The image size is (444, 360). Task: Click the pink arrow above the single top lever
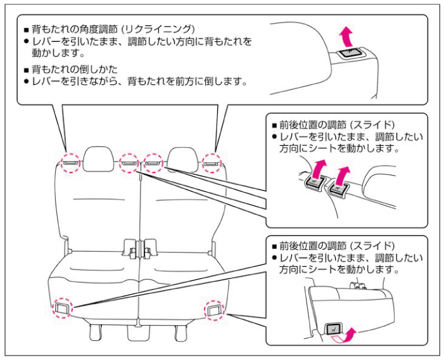pos(345,34)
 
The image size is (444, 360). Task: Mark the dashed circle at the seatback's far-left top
pos(70,163)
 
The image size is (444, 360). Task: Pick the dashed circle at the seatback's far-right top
pos(211,164)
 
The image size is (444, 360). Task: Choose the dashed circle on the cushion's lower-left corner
pos(63,307)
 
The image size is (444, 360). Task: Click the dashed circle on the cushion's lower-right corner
pos(212,310)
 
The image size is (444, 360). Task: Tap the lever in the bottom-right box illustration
pos(333,329)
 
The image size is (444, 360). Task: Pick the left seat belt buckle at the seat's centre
pos(132,251)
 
